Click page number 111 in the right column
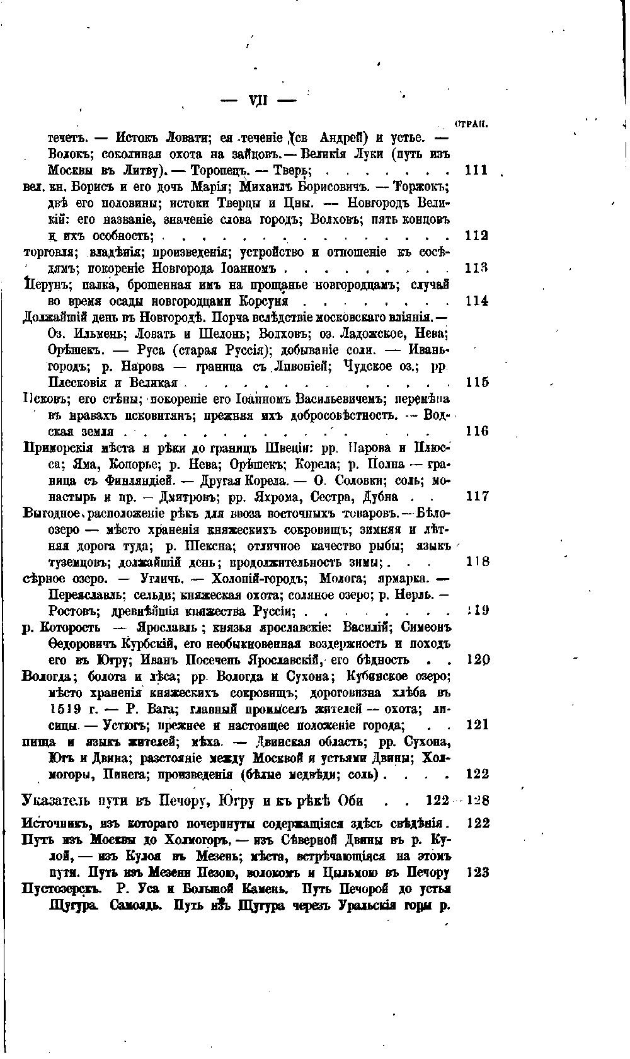476,170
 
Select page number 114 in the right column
476,301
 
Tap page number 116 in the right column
476,431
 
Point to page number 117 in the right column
476,497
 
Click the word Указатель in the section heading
58,801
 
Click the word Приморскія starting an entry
56,448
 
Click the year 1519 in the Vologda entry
63,709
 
